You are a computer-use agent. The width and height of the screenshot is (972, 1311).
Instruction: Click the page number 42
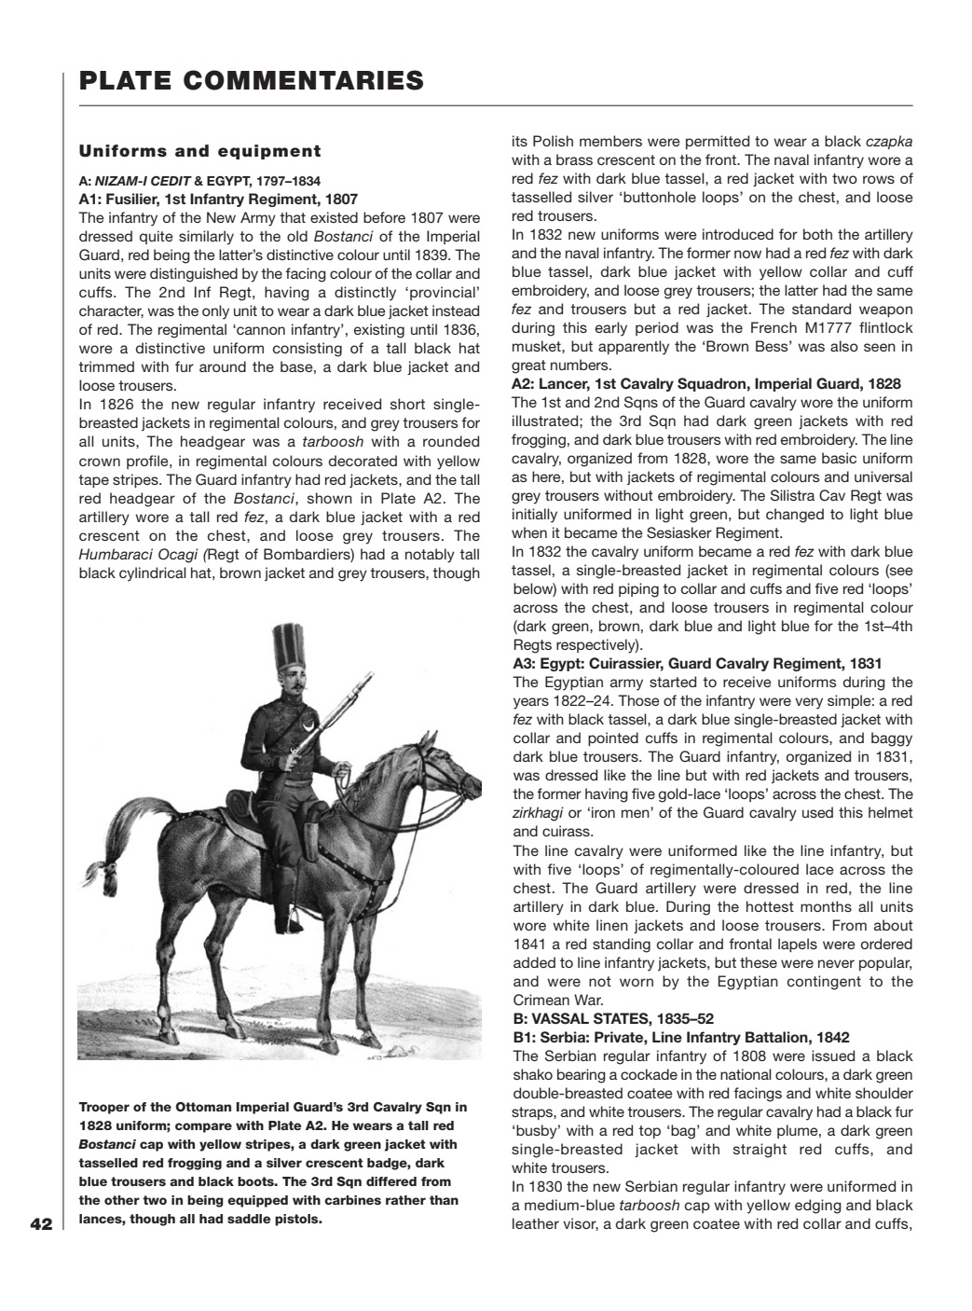[x=40, y=1224]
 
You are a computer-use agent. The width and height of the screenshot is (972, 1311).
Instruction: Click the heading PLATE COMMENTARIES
[x=252, y=81]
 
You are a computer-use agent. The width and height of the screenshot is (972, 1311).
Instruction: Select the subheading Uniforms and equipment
[x=199, y=151]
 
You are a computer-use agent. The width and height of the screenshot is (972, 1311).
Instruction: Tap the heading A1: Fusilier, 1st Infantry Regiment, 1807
[x=218, y=199]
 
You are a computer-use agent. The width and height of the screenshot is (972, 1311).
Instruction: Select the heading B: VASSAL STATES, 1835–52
[x=612, y=1019]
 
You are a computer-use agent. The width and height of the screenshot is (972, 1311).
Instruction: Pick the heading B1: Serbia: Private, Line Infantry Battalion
[x=680, y=1038]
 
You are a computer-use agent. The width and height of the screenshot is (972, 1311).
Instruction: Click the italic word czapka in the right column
[x=888, y=142]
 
